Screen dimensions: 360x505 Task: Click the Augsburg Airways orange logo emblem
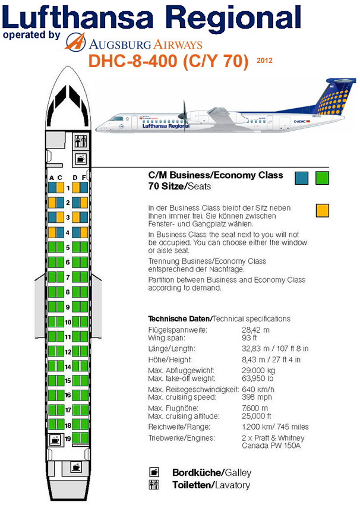point(75,42)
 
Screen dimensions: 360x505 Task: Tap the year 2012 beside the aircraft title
point(264,60)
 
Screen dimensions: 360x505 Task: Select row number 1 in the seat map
point(68,188)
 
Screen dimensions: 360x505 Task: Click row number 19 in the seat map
point(68,438)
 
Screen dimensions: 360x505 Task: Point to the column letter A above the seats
point(52,178)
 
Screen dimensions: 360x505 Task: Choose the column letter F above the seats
point(84,178)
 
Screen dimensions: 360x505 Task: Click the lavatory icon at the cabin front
point(81,141)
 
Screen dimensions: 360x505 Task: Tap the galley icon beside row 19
point(55,440)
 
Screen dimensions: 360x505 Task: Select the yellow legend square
point(323,210)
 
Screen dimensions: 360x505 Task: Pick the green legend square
point(323,178)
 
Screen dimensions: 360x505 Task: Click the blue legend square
point(301,178)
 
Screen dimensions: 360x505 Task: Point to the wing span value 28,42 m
point(255,330)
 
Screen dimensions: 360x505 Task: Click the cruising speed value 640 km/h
point(258,389)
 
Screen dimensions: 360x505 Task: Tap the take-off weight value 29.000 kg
point(258,370)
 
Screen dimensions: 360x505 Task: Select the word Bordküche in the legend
point(197,472)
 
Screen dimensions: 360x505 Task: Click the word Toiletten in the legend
point(193,485)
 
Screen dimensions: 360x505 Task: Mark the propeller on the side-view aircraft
point(184,115)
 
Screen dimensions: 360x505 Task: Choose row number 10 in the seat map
point(68,322)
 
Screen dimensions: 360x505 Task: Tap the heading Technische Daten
point(179,319)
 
